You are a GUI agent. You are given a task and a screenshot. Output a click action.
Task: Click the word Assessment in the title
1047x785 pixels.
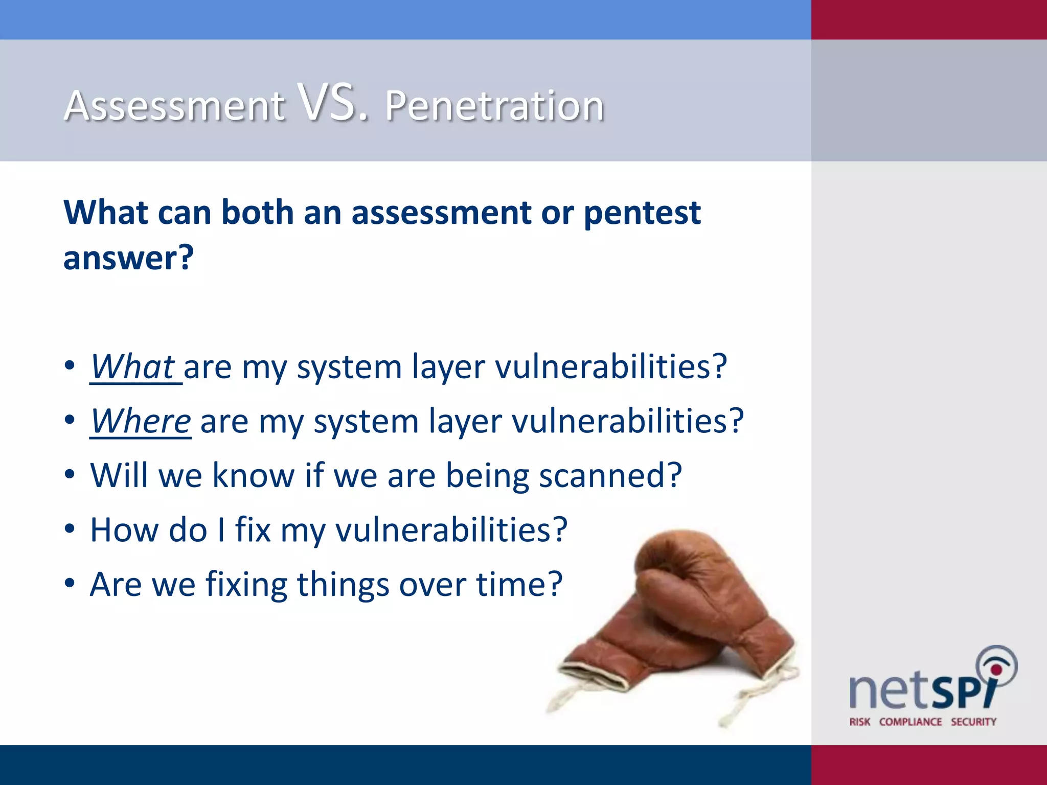click(x=174, y=106)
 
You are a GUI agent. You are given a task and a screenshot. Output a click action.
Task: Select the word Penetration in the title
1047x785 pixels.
click(x=494, y=106)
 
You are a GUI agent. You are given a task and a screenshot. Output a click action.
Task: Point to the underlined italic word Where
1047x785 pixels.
click(x=141, y=421)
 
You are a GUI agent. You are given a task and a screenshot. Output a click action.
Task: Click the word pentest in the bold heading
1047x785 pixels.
click(x=642, y=213)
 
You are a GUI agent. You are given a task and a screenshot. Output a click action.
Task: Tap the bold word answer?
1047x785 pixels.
click(x=128, y=258)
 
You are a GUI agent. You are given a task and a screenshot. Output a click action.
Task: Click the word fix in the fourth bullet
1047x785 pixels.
click(x=252, y=529)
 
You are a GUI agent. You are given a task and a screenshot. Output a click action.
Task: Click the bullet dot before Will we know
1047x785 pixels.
click(x=70, y=475)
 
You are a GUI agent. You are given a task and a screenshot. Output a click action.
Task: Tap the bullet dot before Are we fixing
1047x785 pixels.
click(x=70, y=584)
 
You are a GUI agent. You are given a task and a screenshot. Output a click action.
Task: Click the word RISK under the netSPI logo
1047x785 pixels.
click(x=859, y=722)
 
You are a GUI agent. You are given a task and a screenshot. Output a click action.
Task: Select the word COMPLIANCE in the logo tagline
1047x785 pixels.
click(x=910, y=722)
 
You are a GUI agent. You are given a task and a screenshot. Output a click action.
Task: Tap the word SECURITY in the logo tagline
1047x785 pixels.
click(x=973, y=722)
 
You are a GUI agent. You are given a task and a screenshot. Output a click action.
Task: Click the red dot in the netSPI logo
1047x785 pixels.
click(x=996, y=669)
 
